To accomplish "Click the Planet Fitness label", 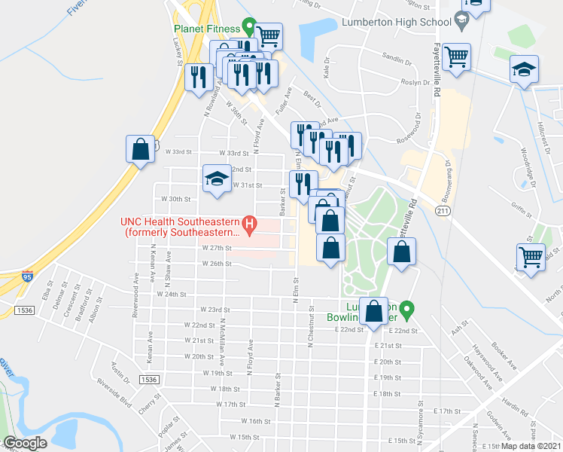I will coord(205,29).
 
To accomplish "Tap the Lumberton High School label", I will coord(396,23).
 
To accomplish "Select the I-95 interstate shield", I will coord(28,276).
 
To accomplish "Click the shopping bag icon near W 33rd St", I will coord(141,148).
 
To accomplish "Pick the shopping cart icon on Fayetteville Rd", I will coord(456,56).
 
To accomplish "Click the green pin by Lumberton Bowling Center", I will coord(407,309).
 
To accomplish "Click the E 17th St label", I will coord(446,411).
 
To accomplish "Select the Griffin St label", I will coord(522,201).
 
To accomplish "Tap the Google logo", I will coord(25,443).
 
